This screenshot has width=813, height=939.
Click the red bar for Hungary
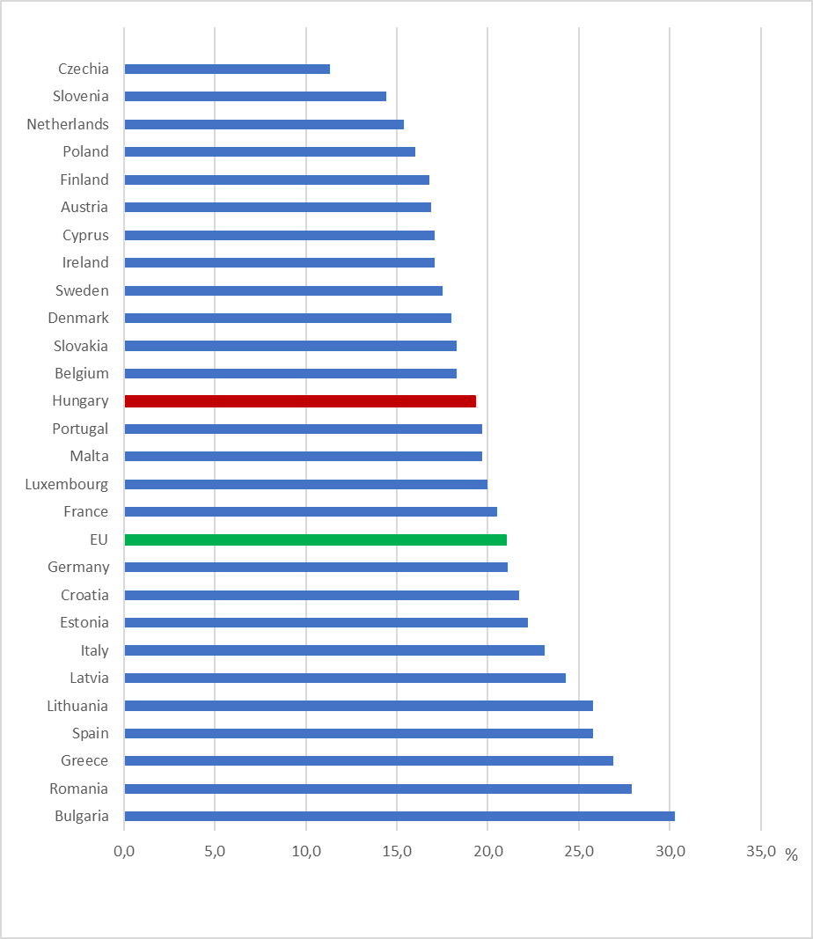pos(300,401)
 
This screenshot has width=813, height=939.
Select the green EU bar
pos(315,539)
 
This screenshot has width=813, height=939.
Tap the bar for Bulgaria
pos(399,817)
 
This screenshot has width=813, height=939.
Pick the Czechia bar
pos(227,69)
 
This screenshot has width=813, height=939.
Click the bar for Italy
pos(334,650)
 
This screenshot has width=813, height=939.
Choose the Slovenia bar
pos(255,97)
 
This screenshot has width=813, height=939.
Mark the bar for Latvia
pos(345,678)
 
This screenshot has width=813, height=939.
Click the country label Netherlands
pos(68,124)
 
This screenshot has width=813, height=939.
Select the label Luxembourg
pos(67,484)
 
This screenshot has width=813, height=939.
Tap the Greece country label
pos(84,761)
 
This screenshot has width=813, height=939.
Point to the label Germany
pos(78,568)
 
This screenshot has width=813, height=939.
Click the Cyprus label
pos(85,235)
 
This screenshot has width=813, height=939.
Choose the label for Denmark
pos(78,318)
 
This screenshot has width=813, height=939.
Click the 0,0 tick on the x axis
pos(124,851)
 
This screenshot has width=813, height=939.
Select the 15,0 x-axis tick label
pos(397,851)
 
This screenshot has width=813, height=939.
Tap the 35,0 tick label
pos(761,851)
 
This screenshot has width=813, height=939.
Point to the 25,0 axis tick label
pos(579,851)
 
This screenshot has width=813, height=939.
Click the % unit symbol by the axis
pos(791,855)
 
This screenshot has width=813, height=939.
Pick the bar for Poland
pos(269,152)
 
